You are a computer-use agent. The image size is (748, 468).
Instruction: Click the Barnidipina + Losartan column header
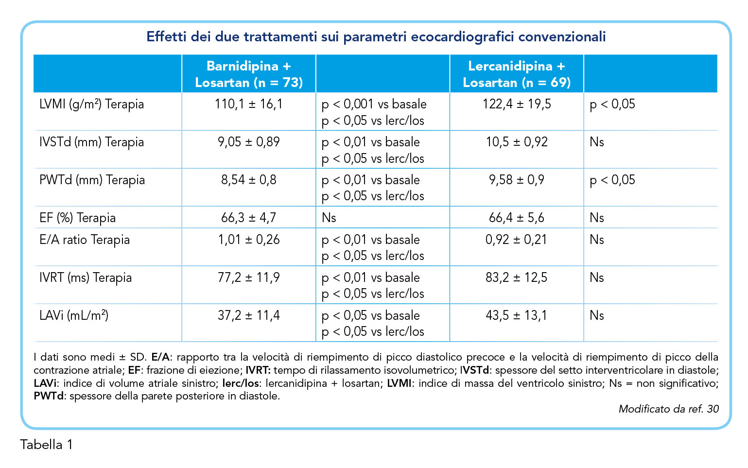coord(249,74)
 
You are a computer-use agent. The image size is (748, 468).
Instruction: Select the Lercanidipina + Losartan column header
coord(517,74)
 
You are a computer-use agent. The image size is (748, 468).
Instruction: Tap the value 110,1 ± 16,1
coord(249,104)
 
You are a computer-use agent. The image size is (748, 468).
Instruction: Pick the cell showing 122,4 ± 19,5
coord(517,104)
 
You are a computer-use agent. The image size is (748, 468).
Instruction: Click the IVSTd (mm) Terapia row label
coord(91,142)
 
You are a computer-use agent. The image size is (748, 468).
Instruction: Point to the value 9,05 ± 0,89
coord(249,142)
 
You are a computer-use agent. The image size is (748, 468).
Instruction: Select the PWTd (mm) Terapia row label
coord(92,180)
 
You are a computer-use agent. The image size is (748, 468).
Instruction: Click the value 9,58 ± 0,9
coord(517,180)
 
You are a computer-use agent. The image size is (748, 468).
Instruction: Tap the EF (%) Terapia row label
coord(77,218)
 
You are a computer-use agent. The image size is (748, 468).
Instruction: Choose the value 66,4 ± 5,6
coord(517,218)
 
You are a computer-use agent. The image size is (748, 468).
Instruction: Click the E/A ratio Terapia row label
coord(85,240)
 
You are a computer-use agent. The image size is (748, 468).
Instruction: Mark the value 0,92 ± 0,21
coord(516,240)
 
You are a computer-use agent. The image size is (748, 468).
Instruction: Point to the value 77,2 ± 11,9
coord(249,277)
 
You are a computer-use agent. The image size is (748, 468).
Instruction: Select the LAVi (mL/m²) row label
coord(74,315)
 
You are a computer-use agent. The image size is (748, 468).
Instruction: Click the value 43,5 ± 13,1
coord(516,315)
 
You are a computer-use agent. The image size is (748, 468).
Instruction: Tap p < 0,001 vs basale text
coord(374,104)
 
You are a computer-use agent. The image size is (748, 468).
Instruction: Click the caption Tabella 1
coord(47,445)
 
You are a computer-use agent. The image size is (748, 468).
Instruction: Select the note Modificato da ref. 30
coord(668,409)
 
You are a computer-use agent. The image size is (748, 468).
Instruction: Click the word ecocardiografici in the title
coord(462,37)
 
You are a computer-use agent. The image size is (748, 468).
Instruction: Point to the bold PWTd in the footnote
coord(49,396)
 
